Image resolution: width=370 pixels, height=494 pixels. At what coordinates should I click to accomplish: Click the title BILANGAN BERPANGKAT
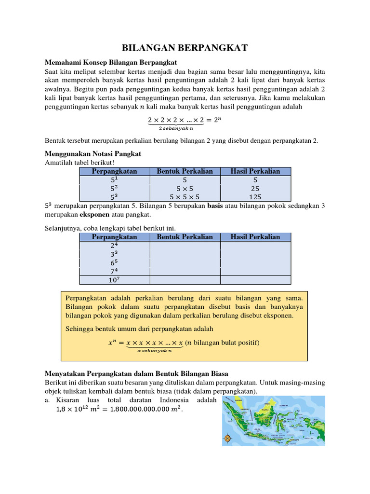click(x=185, y=48)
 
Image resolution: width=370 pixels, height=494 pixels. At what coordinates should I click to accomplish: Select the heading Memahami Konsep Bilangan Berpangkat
click(x=111, y=62)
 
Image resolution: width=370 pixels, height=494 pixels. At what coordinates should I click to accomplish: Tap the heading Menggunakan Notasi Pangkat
click(x=92, y=153)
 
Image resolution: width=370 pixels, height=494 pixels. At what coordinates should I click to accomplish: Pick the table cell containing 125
click(x=255, y=197)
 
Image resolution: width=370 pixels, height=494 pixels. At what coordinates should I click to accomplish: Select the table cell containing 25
click(x=255, y=188)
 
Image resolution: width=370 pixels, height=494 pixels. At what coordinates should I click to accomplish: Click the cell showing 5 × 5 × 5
click(x=185, y=197)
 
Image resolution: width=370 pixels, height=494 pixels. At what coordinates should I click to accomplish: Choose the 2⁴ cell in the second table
click(x=114, y=245)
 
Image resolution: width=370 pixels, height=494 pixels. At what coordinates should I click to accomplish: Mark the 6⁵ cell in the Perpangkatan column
click(x=114, y=262)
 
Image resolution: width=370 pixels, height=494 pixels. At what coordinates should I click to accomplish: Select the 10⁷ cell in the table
click(x=114, y=280)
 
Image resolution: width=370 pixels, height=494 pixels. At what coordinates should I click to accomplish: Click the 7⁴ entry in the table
click(x=114, y=271)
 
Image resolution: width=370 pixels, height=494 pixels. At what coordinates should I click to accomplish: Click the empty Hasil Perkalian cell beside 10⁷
click(x=255, y=280)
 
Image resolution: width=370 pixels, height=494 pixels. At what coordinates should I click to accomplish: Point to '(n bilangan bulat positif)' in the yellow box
click(x=222, y=343)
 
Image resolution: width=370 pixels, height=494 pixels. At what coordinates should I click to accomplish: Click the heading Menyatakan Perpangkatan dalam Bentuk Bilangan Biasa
click(x=136, y=373)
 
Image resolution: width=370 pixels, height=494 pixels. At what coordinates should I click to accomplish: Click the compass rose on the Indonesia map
click(x=228, y=438)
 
